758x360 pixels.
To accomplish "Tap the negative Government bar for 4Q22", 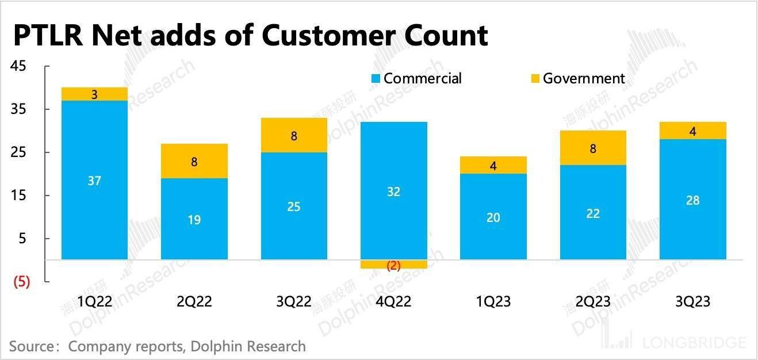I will (393, 264).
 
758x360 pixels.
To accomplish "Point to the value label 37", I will (94, 181).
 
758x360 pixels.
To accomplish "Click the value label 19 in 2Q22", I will (194, 220).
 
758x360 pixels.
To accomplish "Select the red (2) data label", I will (393, 265).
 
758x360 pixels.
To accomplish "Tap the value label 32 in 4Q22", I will (393, 192).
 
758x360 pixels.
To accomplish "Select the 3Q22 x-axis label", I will (294, 301).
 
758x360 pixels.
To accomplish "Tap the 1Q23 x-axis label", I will (493, 301).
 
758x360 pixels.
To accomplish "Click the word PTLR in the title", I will (48, 36).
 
